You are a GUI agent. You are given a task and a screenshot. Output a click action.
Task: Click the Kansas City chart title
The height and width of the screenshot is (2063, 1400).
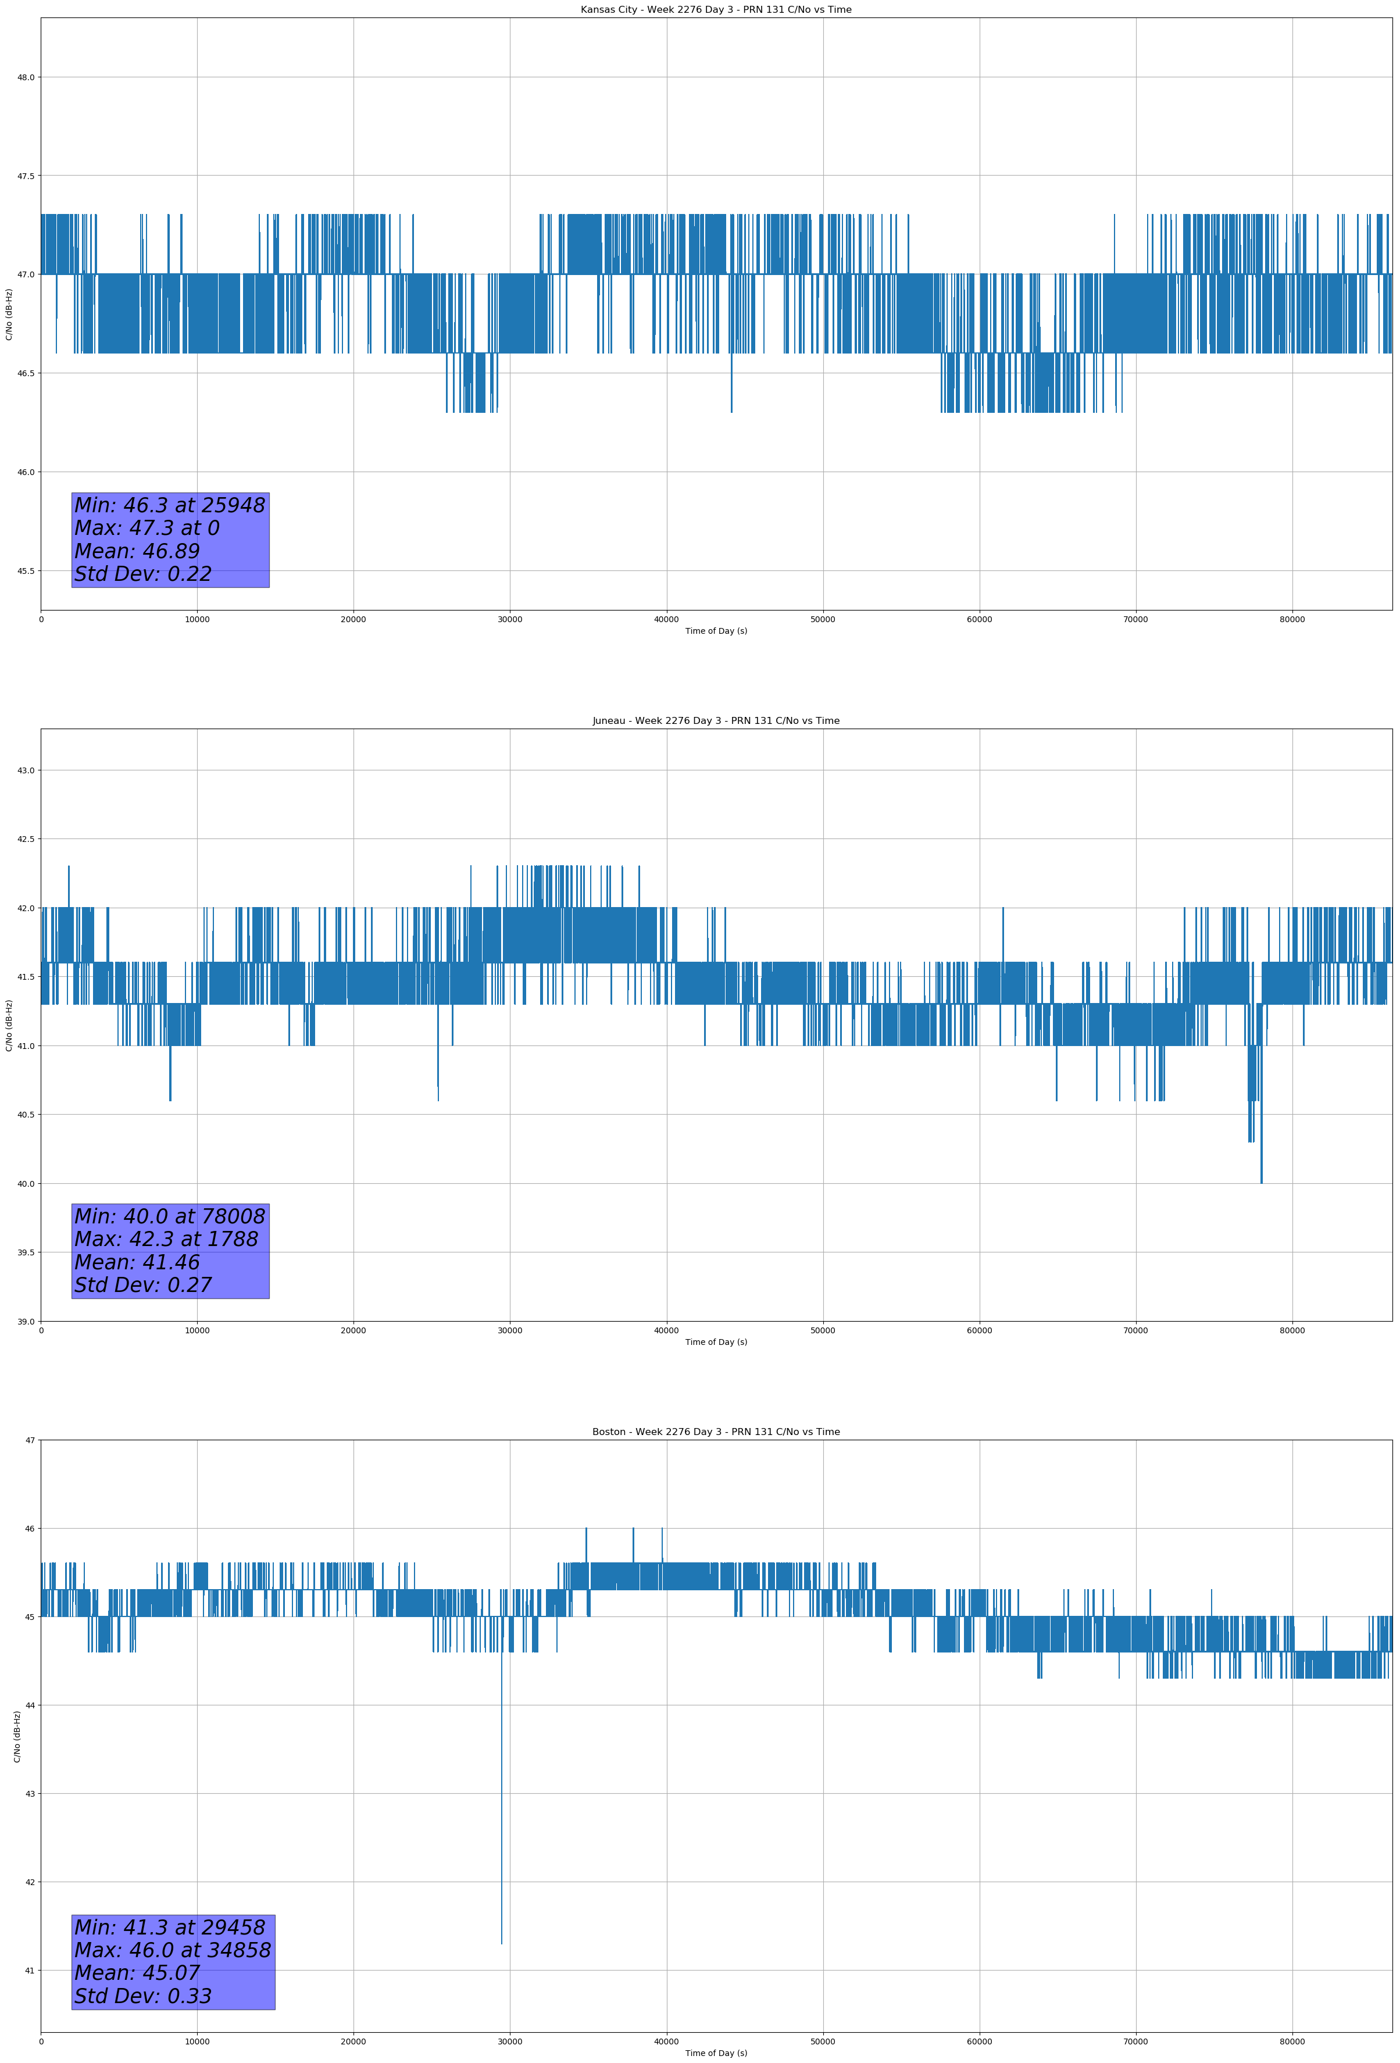point(716,10)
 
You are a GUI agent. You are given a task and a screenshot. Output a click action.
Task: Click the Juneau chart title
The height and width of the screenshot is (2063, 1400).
point(716,721)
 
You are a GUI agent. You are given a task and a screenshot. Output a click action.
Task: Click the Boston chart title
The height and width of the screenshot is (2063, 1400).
point(716,1432)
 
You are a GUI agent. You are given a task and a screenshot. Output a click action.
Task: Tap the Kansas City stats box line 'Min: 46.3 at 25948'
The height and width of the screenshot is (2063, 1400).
point(170,505)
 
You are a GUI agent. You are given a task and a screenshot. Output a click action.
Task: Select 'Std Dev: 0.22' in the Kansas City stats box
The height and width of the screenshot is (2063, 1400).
point(143,574)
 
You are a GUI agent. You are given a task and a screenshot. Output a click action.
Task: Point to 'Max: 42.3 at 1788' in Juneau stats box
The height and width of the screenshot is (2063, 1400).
point(166,1239)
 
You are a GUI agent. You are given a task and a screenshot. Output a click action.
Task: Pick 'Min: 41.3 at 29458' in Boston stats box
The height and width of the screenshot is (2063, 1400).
point(170,1927)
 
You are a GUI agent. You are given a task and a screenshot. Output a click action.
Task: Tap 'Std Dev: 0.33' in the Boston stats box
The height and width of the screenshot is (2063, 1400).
point(143,1996)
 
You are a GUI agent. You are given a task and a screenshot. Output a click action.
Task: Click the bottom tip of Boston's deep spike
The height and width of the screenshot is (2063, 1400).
point(502,1944)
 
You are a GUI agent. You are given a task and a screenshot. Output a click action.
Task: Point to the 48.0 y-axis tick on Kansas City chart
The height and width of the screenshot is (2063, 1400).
point(26,77)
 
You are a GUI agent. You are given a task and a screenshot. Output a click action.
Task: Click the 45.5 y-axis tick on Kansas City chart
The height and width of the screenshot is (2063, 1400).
point(26,571)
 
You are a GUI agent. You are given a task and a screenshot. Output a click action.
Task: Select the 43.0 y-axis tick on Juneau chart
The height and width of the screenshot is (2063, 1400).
point(26,770)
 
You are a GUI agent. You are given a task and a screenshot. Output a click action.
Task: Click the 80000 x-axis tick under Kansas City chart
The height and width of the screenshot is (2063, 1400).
point(1292,620)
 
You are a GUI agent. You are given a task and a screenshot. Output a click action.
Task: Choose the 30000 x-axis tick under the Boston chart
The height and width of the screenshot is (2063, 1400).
point(510,2041)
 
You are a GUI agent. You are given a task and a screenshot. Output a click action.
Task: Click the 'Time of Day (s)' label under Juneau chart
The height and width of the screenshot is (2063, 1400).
point(716,1342)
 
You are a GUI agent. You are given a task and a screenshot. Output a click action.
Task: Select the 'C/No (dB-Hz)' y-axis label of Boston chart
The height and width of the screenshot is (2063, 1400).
point(17,1736)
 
